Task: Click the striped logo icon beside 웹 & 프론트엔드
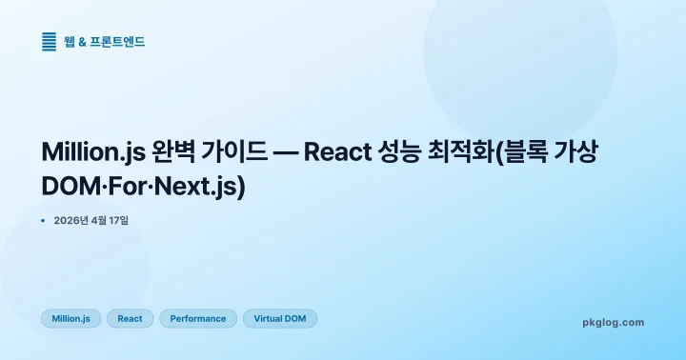pyautogui.click(x=50, y=41)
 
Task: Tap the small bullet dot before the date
pyautogui.click(x=44, y=221)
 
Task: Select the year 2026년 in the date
pyautogui.click(x=71, y=221)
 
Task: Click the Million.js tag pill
pyautogui.click(x=71, y=318)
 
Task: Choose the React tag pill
pyautogui.click(x=130, y=318)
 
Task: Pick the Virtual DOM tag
pyautogui.click(x=280, y=318)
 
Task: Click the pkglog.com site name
pyautogui.click(x=613, y=322)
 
